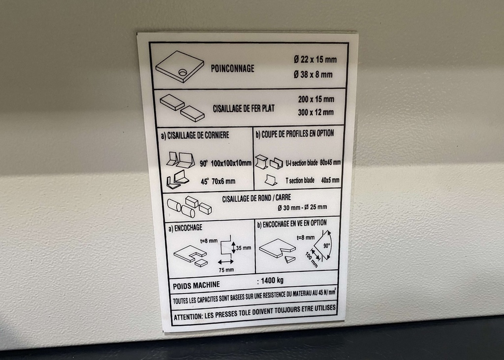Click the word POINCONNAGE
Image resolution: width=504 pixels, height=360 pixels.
[232, 68]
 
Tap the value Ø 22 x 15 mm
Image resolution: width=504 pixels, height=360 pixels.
[315, 60]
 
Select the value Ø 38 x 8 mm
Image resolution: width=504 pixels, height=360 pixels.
[313, 75]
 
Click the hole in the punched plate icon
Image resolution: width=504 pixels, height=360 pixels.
[183, 73]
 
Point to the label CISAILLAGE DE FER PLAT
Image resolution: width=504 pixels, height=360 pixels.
[244, 108]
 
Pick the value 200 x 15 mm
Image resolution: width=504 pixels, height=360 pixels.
[316, 99]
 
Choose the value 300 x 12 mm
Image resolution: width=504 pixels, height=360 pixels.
[315, 112]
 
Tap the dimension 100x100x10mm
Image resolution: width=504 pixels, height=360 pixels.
[232, 164]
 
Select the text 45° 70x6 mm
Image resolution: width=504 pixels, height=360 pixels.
[217, 181]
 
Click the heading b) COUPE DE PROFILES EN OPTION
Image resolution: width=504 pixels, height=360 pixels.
[294, 133]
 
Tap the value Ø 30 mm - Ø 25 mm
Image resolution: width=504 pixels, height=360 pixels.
[302, 207]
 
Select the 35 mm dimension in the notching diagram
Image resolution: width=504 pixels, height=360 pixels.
[244, 248]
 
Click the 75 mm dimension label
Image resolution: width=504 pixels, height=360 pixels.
[226, 270]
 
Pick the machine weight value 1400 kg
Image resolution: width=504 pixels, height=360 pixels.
[272, 281]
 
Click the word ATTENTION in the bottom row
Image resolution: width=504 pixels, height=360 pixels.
[187, 316]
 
